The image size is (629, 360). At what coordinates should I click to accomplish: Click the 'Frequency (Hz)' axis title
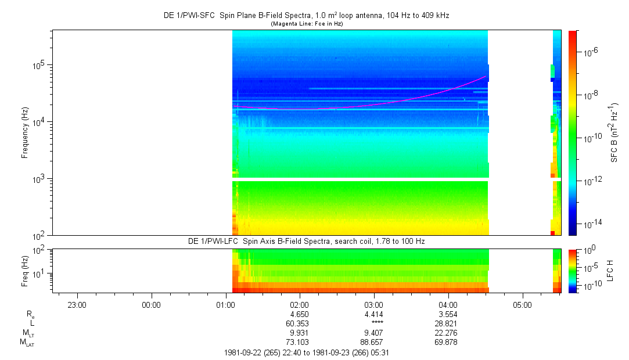(25, 132)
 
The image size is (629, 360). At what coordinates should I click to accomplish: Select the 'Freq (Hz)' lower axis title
(25, 271)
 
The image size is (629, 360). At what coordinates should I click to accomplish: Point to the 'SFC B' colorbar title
(614, 132)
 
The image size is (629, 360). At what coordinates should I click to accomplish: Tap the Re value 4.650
(299, 314)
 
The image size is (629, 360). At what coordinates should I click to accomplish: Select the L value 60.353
(299, 323)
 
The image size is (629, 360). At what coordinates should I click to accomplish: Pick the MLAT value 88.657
(373, 342)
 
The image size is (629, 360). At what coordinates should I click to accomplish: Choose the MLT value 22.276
(448, 333)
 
